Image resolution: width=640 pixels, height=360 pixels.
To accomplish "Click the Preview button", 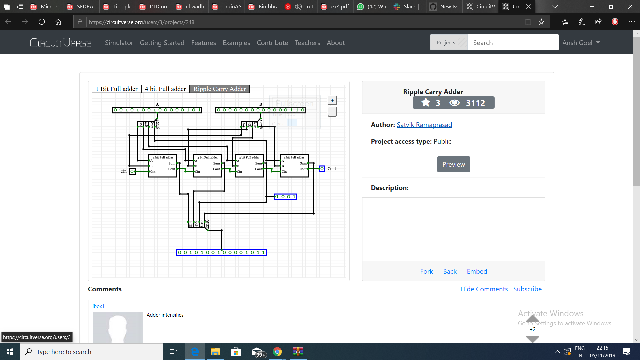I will coord(453,164).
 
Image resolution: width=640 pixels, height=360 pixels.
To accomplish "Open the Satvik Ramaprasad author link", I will coord(424,125).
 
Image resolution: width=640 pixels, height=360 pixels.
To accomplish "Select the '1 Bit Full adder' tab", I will coord(116,89).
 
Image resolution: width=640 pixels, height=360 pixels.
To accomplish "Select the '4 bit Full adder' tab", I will coord(165,89).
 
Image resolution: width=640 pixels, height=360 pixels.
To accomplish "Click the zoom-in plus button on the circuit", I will coord(332,100).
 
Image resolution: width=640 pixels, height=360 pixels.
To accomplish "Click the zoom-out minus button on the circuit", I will coord(332,112).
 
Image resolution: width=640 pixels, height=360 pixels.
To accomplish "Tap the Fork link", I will coord(426,271).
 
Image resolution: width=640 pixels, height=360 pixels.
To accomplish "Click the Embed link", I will coord(477,271).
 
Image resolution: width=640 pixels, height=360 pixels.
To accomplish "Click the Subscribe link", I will coord(527,289).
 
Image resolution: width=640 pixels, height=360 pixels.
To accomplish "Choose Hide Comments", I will coord(484,289).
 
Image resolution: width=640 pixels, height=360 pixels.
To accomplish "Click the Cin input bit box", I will coord(132,171).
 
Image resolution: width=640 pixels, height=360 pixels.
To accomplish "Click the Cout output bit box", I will coord(322,169).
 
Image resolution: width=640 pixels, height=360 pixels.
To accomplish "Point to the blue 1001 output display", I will coord(286,197).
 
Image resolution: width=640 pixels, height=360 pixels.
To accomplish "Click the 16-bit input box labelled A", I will coord(157,110).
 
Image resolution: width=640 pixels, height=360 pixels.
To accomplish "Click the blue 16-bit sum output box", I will coord(221,253).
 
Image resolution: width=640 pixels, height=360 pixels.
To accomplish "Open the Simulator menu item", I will coord(119,43).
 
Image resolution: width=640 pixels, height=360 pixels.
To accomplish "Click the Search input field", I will coord(513,43).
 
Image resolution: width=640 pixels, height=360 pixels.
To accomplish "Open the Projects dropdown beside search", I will coord(449,43).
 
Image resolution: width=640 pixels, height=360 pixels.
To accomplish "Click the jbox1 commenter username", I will coord(98,306).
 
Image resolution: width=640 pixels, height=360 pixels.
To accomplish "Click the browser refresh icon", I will coord(42,22).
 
